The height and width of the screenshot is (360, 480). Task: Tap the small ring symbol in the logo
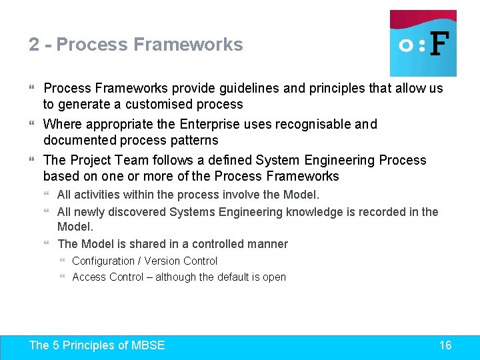click(405, 45)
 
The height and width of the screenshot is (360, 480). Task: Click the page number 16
click(445, 345)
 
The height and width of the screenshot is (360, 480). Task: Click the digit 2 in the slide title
click(34, 45)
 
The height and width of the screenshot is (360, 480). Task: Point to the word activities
click(97, 195)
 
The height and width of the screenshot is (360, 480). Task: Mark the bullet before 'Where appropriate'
click(33, 124)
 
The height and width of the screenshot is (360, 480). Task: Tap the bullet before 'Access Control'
click(63, 277)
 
